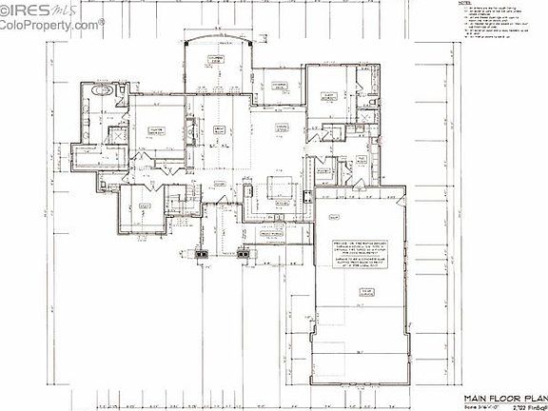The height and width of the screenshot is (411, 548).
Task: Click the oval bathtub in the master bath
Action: pos(106,91)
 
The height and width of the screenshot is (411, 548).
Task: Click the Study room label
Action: pos(145,205)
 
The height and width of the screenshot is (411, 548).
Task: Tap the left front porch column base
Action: pos(201,254)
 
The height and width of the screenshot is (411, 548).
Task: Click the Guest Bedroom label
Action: pos(330,95)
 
